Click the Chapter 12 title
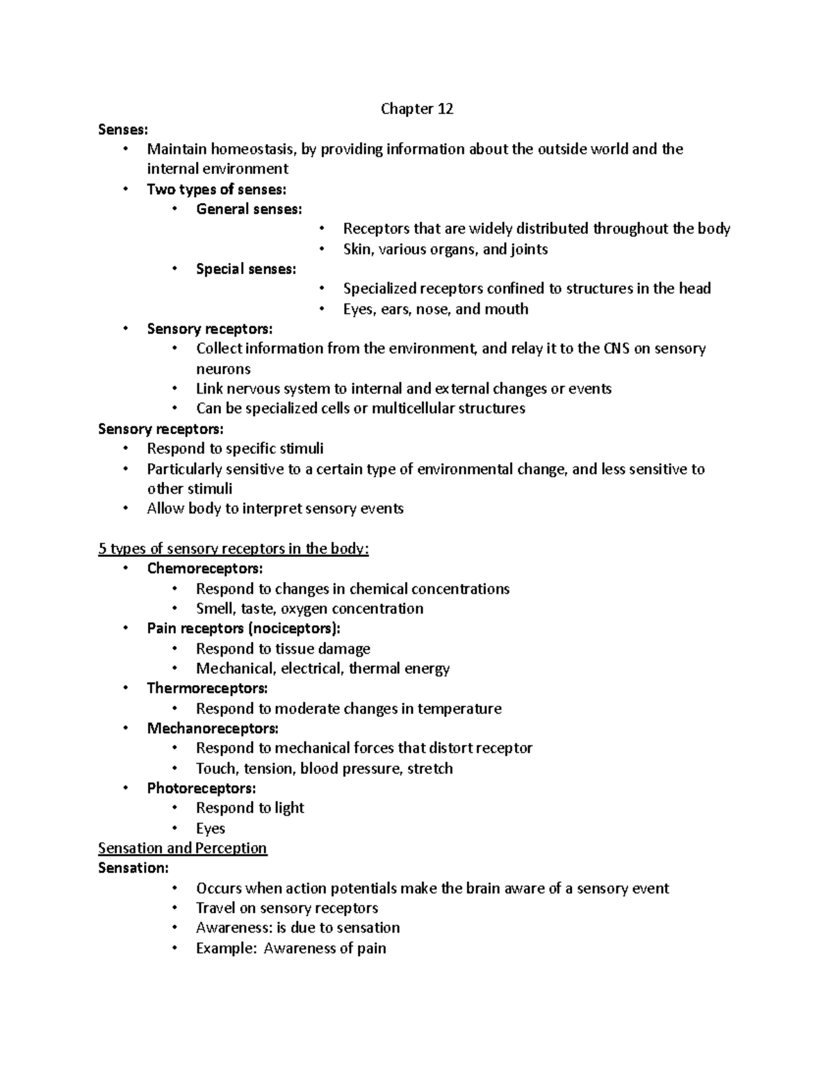point(417,109)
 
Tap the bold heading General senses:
point(249,209)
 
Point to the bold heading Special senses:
point(246,269)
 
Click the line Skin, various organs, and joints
point(445,249)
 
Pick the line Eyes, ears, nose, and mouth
point(435,309)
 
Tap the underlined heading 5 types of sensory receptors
point(234,549)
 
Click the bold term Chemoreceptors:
point(205,569)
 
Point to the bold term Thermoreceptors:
point(207,688)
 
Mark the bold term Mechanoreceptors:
point(213,729)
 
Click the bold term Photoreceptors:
point(202,789)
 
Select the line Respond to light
point(250,808)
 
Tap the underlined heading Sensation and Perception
point(183,848)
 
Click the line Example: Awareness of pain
point(291,949)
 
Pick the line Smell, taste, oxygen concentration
point(309,608)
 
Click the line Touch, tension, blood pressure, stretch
point(324,768)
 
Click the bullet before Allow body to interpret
point(125,508)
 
